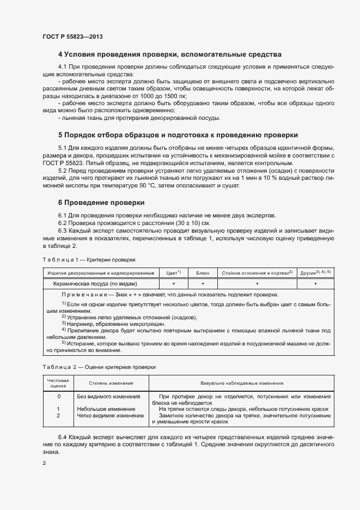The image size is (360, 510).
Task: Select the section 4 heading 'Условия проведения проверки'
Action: pyautogui.click(x=169, y=54)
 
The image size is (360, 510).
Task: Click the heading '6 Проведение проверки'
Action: pyautogui.click(x=101, y=203)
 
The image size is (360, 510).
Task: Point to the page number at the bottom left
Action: pyautogui.click(x=45, y=463)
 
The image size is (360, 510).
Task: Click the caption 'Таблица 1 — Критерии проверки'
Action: pyautogui.click(x=89, y=260)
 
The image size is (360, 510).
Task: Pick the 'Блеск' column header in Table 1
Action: pyautogui.click(x=203, y=272)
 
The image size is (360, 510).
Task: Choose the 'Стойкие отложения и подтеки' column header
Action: pyautogui.click(x=257, y=272)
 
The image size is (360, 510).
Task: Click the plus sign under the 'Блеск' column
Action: pyautogui.click(x=203, y=284)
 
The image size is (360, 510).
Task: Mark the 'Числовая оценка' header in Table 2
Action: pyautogui.click(x=58, y=383)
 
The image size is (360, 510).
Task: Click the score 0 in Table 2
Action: pyautogui.click(x=58, y=397)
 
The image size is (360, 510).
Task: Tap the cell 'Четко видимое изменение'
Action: pyautogui.click(x=106, y=415)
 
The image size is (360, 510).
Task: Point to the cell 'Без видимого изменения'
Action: pyautogui.click(x=108, y=397)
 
